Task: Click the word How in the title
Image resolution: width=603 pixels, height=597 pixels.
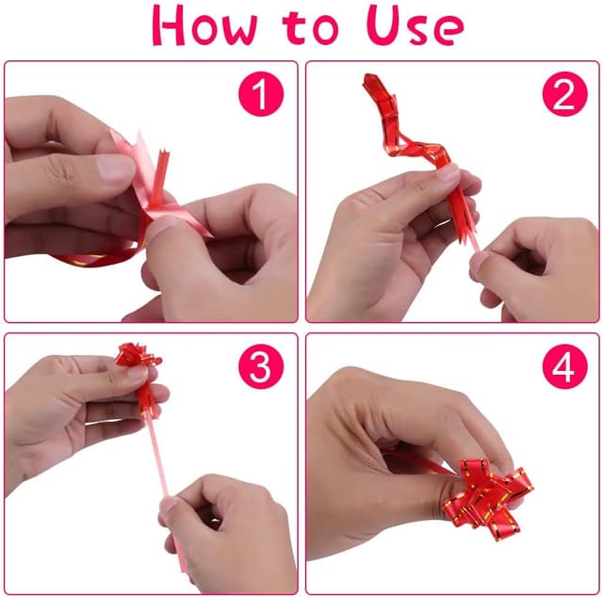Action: point(204,26)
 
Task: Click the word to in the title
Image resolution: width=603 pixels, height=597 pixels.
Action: point(311,27)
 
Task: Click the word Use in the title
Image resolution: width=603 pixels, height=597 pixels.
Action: point(415,25)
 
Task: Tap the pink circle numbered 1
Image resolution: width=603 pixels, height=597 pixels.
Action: point(261,94)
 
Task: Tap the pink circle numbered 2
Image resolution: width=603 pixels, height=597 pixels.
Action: point(565,94)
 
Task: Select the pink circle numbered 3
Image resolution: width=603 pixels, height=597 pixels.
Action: point(261,366)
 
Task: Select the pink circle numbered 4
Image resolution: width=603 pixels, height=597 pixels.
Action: point(565,366)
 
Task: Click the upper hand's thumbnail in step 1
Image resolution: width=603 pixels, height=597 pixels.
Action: point(115,169)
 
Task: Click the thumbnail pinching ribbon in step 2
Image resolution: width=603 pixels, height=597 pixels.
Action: point(448,174)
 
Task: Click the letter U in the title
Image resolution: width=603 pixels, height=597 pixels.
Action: point(383,25)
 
